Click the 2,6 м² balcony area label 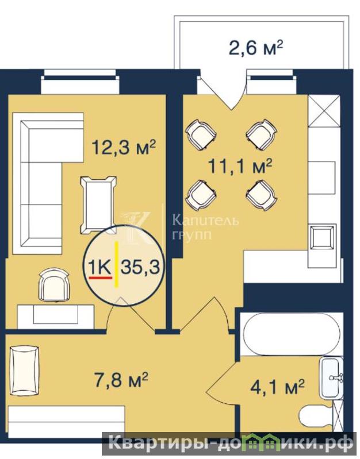(x=255, y=48)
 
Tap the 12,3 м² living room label (x=123, y=147)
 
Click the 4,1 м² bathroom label (x=277, y=387)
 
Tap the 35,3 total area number (x=140, y=267)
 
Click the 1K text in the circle (x=100, y=267)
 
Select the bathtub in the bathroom (x=291, y=334)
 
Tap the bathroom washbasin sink (x=331, y=378)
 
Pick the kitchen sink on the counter (x=321, y=237)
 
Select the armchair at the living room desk (x=55, y=284)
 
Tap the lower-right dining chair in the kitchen (x=262, y=195)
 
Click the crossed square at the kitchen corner (x=324, y=111)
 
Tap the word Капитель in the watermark (x=205, y=220)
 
